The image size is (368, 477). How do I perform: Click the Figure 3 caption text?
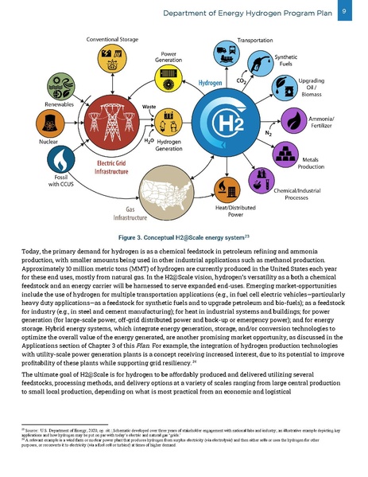[184, 237]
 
